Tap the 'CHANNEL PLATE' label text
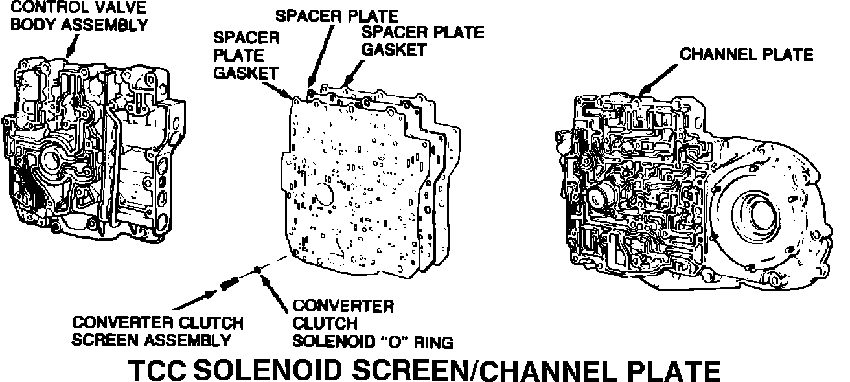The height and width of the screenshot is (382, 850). (x=746, y=54)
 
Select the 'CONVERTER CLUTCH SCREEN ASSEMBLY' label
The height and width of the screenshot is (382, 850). (x=157, y=331)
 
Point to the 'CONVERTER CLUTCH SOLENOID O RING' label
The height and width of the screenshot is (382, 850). (x=373, y=322)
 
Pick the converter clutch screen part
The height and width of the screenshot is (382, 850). (x=229, y=283)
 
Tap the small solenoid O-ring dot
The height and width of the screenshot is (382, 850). (x=258, y=270)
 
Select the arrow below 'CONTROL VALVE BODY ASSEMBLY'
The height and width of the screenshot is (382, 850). (x=71, y=46)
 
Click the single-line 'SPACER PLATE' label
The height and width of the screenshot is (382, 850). (x=336, y=14)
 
